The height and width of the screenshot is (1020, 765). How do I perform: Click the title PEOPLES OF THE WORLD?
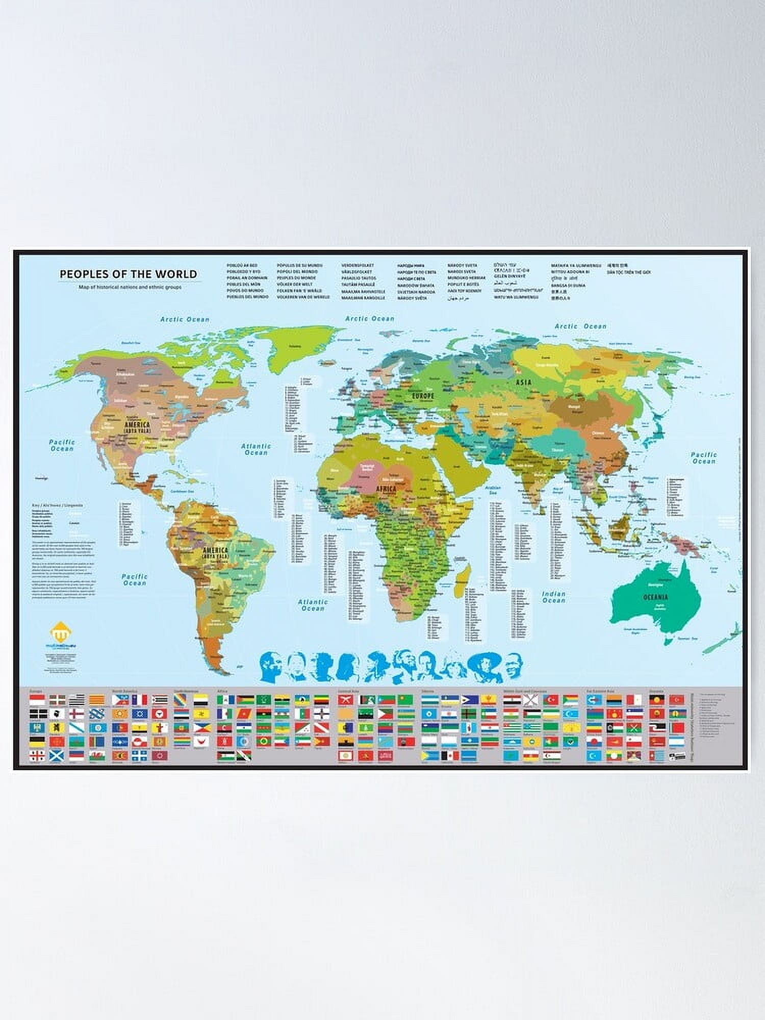pos(128,274)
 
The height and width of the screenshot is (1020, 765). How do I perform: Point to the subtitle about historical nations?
pos(130,287)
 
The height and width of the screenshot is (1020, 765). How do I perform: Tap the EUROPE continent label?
pos(423,395)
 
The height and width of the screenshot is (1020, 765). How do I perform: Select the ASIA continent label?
pos(524,382)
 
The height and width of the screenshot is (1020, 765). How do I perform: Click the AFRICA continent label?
pos(386,488)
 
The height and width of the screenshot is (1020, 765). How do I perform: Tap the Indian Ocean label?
pos(554,597)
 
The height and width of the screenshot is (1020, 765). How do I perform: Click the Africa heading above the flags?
pos(222,692)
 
